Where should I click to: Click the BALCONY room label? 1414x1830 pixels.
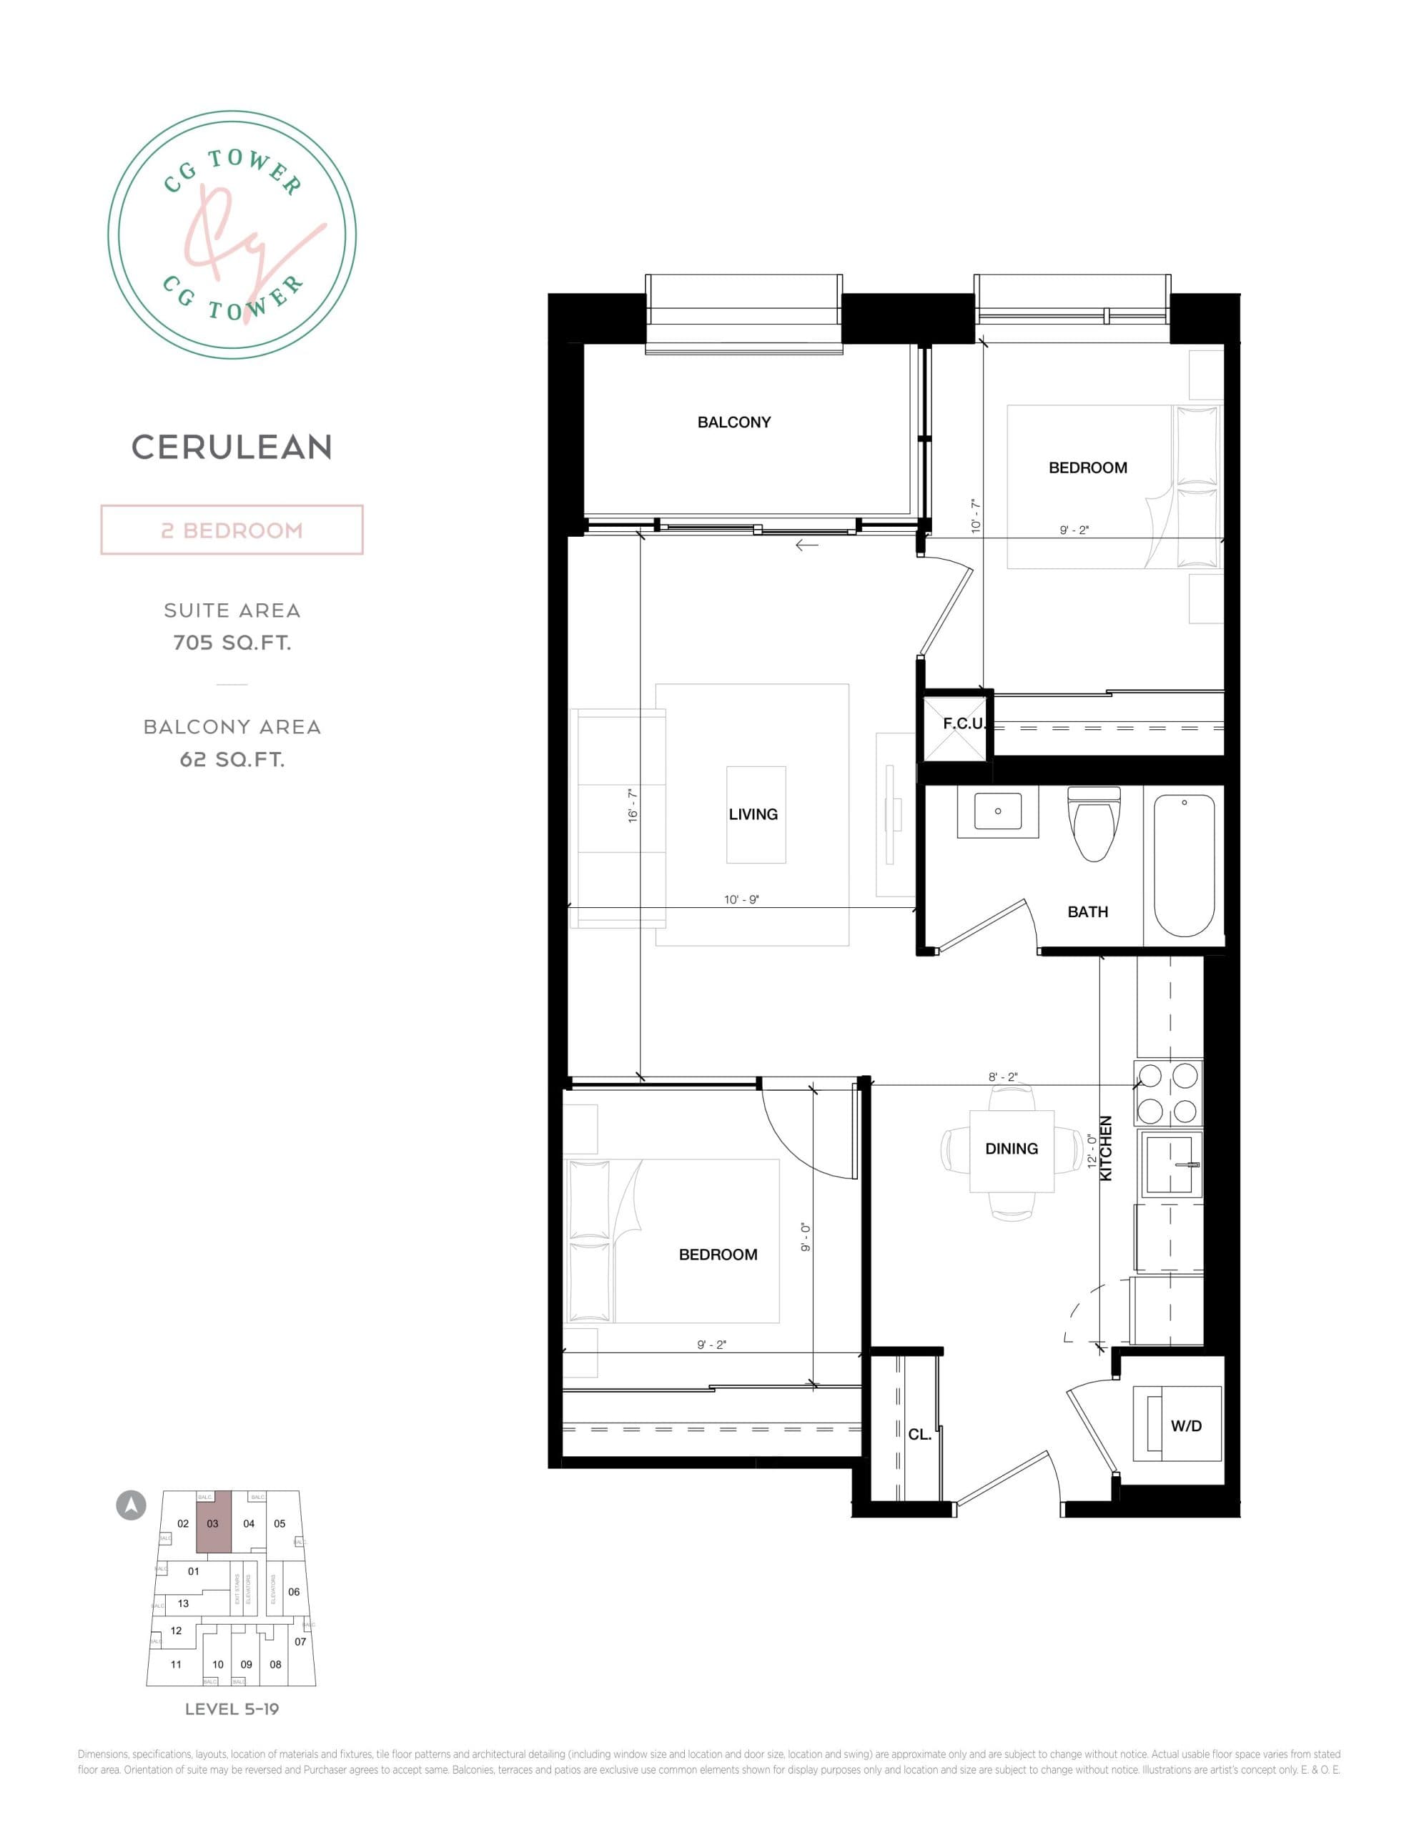(x=733, y=422)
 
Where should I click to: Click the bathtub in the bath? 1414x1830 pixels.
(x=1184, y=865)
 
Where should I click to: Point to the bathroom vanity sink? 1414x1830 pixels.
(x=997, y=811)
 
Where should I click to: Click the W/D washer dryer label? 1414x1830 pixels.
(x=1185, y=1425)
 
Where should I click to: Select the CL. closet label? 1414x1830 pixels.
(x=919, y=1434)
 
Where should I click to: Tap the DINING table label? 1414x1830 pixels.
(x=1011, y=1149)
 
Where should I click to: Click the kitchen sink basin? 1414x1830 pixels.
(x=1170, y=1164)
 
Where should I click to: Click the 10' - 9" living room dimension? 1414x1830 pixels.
(x=741, y=899)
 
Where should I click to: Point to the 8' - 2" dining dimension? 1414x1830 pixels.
(x=1002, y=1077)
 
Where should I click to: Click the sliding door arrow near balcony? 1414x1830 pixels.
(x=806, y=545)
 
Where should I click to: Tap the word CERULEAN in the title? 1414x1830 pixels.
(x=232, y=447)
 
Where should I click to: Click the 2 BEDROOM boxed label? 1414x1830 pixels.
(x=232, y=530)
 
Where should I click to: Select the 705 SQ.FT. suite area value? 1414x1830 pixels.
(x=232, y=643)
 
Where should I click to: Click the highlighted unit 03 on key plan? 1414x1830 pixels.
(x=213, y=1523)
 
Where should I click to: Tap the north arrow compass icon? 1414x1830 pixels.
(x=131, y=1505)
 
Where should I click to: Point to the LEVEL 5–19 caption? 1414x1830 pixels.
(x=232, y=1709)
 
